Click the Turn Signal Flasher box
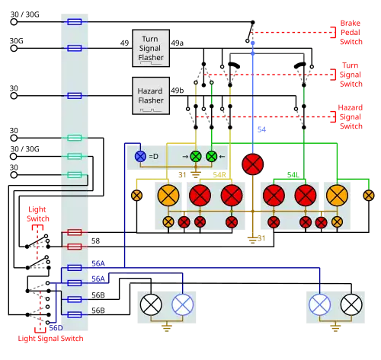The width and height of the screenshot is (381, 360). [151, 48]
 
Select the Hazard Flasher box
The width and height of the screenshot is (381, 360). [151, 96]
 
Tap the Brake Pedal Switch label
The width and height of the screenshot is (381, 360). [351, 33]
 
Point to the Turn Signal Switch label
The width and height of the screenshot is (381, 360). [351, 75]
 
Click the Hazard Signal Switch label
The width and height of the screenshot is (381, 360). [351, 116]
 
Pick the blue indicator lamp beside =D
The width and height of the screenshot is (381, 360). [140, 156]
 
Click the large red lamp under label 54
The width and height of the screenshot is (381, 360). [253, 164]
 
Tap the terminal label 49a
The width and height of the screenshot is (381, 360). [177, 43]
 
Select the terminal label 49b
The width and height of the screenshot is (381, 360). [178, 91]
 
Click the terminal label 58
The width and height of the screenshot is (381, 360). [95, 241]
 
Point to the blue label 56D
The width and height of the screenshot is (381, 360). [56, 328]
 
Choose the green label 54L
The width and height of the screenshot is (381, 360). [293, 175]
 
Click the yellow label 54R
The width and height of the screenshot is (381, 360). [219, 175]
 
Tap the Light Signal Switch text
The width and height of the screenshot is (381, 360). [50, 339]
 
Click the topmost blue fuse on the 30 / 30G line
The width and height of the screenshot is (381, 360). [75, 22]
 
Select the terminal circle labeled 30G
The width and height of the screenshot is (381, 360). [14, 48]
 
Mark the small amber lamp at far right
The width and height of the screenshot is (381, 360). [369, 196]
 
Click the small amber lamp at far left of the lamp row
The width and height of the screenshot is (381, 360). [136, 196]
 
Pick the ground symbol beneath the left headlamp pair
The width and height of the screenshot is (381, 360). [167, 327]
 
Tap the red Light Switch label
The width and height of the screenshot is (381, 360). [38, 214]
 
